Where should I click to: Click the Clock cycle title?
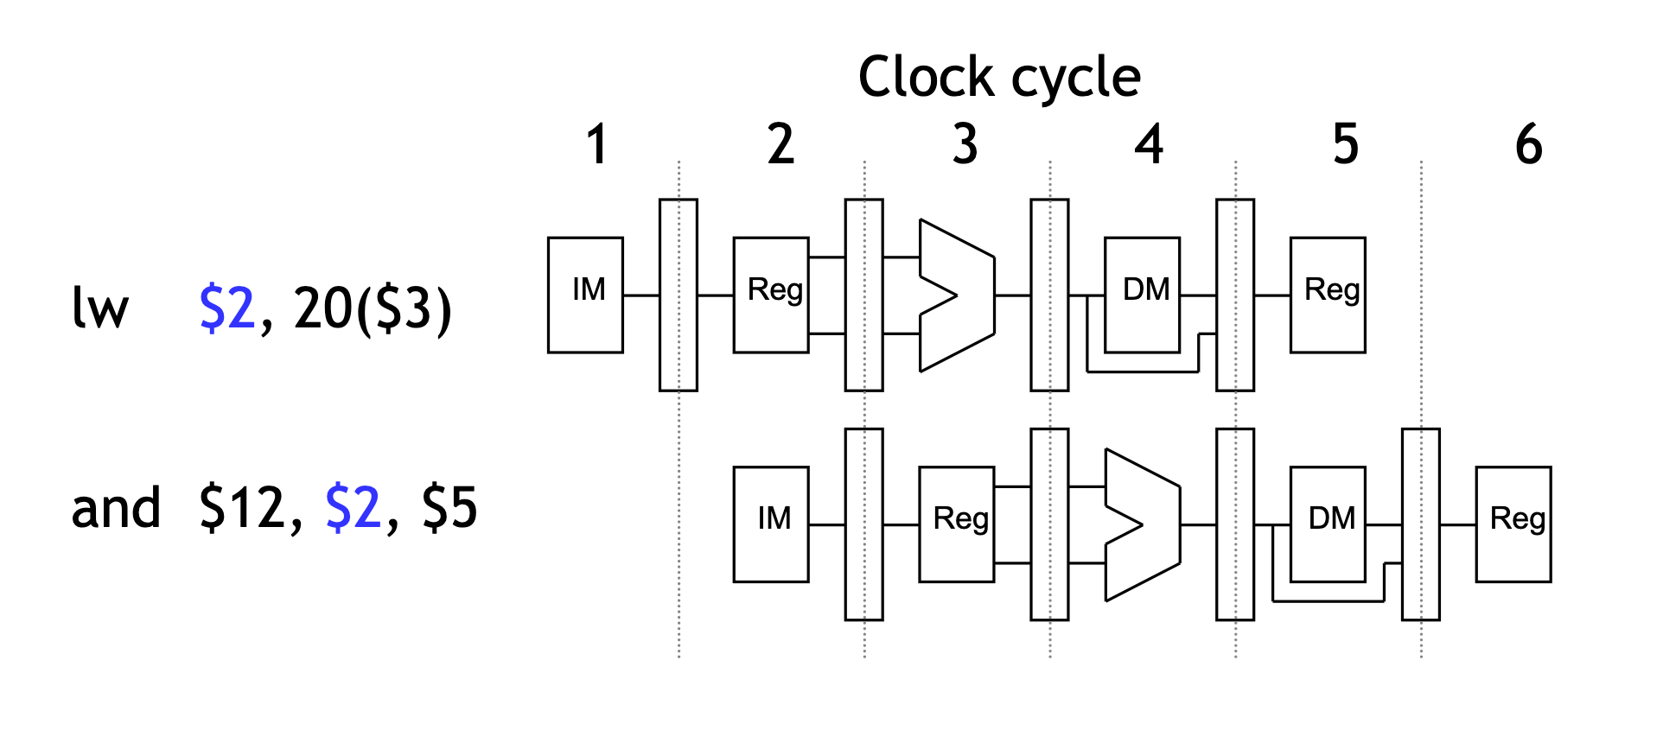999,78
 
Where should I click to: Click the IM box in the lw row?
585,295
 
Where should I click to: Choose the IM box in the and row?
771,524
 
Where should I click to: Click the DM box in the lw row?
1142,295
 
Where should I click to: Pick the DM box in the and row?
1328,524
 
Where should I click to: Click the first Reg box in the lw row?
771,295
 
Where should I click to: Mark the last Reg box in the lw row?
1328,295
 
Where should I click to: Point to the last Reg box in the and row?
1513,524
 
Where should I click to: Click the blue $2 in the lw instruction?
227,308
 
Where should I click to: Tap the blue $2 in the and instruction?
353,508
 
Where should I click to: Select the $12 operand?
242,508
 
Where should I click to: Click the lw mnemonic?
100,308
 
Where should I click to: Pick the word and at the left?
116,508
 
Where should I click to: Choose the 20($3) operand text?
373,308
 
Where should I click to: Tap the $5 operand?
449,508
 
